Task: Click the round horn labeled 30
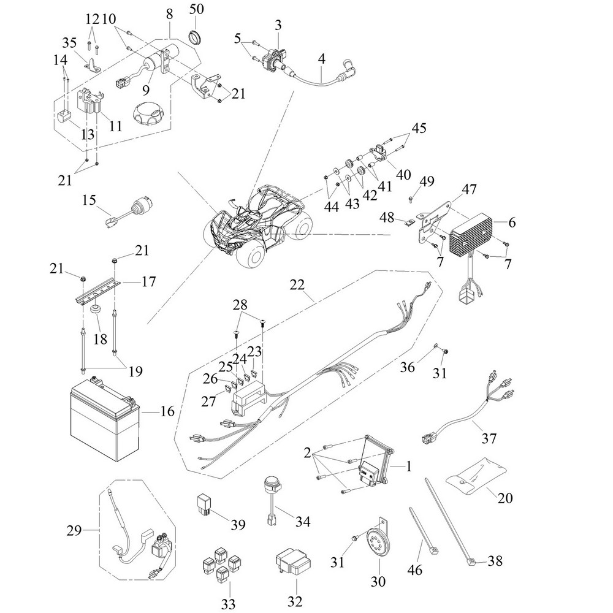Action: [378, 542]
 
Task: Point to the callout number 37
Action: [489, 438]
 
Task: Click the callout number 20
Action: [505, 498]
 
